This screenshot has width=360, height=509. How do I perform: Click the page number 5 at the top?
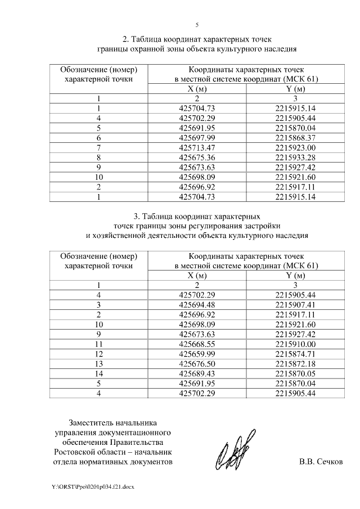coord(197,25)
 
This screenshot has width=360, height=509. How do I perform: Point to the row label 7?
coord(98,147)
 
